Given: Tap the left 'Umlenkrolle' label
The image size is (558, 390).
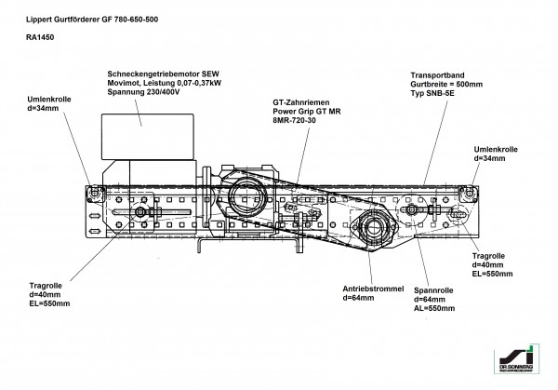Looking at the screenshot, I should tap(46, 101).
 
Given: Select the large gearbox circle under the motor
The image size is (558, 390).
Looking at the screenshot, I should tap(245, 198).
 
